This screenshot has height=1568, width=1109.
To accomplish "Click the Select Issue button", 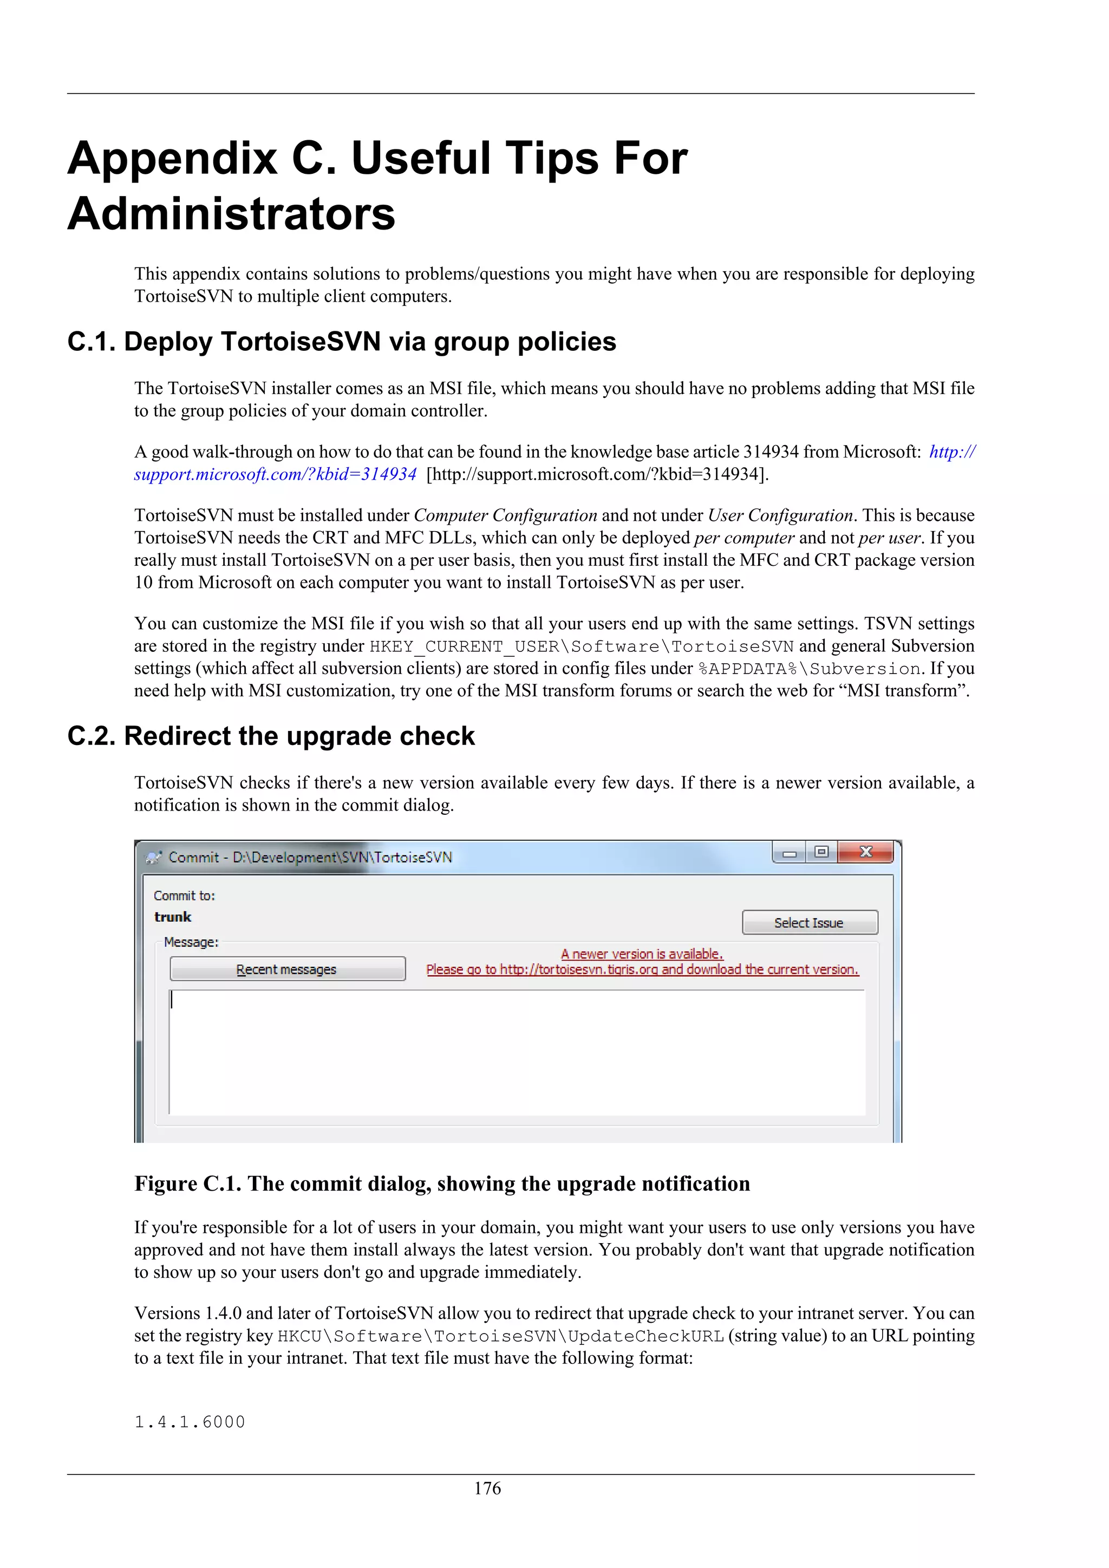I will (809, 923).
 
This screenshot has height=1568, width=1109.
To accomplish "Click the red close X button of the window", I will (866, 852).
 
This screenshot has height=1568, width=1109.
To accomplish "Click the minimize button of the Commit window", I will (790, 852).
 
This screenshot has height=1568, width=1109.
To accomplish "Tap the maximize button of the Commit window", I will (821, 852).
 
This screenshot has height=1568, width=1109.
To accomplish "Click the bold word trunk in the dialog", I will (173, 917).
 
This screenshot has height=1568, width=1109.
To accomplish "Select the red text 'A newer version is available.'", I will (642, 953).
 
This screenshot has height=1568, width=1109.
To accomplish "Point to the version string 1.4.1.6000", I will (190, 1422).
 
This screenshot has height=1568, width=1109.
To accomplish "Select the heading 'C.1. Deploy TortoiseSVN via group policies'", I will (342, 342).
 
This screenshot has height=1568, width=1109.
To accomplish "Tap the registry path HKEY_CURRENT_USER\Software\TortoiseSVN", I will (581, 646).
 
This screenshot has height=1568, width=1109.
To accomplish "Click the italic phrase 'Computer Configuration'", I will (505, 515).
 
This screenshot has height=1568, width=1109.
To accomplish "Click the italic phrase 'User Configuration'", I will (780, 515).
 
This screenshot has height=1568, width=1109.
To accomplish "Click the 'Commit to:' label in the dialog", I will (184, 896).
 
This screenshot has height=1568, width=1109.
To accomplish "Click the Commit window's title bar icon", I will (154, 857).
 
